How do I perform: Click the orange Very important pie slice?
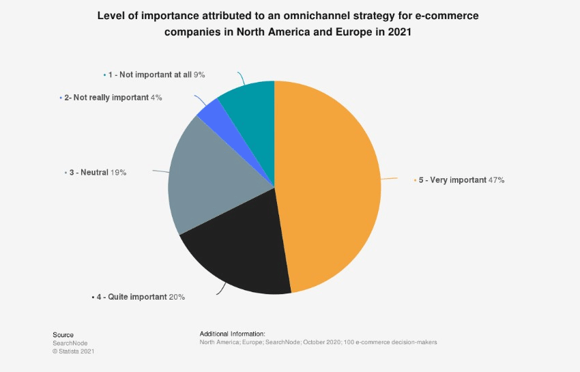tap(328, 184)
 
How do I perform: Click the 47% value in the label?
tap(496, 180)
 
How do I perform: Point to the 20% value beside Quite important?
tap(177, 297)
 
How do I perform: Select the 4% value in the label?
tap(156, 98)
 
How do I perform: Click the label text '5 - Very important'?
tap(452, 180)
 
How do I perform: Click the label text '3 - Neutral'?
tap(88, 173)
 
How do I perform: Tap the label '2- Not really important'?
tap(106, 98)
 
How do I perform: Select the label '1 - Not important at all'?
tap(150, 74)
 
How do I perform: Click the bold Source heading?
tap(63, 334)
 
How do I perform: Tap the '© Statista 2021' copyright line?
tap(74, 351)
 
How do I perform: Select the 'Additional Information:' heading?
tap(232, 334)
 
